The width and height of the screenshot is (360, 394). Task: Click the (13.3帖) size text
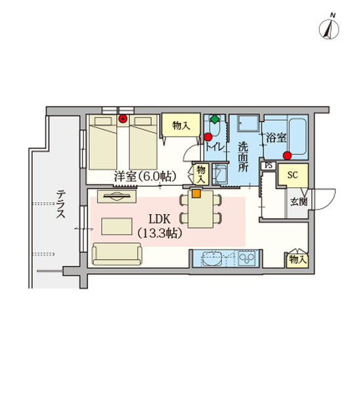click(x=160, y=233)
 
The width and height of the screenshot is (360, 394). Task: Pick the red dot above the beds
click(x=123, y=119)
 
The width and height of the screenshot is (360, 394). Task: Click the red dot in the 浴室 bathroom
click(x=287, y=155)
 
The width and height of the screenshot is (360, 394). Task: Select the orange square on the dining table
click(x=195, y=193)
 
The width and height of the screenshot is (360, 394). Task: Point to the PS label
click(x=268, y=165)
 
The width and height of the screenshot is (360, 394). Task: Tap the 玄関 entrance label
click(x=298, y=202)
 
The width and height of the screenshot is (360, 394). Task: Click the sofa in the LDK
click(x=117, y=253)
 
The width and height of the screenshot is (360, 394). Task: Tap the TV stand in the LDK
click(x=116, y=196)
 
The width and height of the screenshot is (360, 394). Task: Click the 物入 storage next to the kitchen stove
click(x=297, y=260)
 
